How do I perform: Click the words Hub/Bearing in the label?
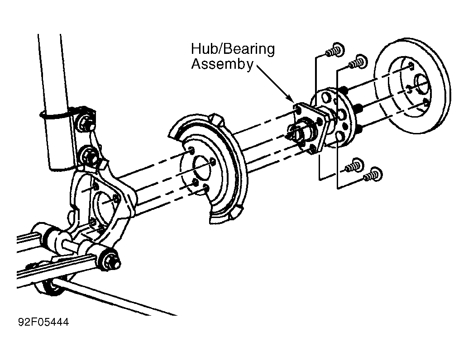(x=233, y=49)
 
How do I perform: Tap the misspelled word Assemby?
(x=222, y=64)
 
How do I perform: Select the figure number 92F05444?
(x=43, y=322)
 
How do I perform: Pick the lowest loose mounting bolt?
(x=373, y=175)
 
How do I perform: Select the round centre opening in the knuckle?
(x=103, y=206)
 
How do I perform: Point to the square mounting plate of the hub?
(x=310, y=128)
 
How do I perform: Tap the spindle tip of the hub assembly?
(x=291, y=133)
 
